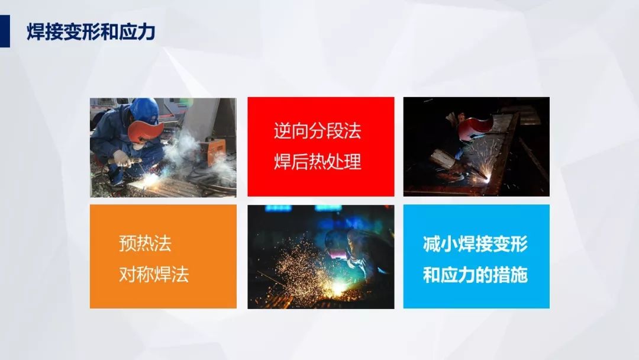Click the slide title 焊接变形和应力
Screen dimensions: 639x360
click(x=91, y=32)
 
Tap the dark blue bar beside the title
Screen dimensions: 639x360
click(x=5, y=31)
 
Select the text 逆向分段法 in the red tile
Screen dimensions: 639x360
click(x=318, y=131)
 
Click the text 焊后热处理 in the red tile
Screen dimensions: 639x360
click(x=318, y=162)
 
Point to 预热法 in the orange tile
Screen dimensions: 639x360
click(x=145, y=243)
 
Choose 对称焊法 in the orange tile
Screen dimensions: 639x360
click(x=154, y=274)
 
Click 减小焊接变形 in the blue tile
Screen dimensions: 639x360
click(x=475, y=244)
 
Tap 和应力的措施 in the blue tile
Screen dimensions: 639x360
click(x=475, y=275)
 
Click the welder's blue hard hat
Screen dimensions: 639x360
click(x=145, y=110)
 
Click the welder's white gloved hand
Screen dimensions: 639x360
click(x=121, y=157)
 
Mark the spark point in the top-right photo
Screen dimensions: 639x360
click(x=488, y=176)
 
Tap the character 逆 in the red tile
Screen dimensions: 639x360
click(x=282, y=131)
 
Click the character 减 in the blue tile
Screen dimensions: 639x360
click(x=431, y=244)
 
